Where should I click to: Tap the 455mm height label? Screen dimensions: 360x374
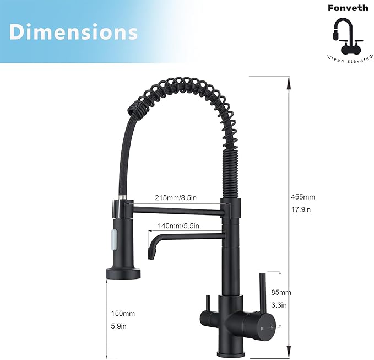(303, 197)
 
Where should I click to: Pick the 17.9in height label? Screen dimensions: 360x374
(301, 209)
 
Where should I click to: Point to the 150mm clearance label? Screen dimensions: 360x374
(122, 314)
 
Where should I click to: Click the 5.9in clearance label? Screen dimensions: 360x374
(120, 326)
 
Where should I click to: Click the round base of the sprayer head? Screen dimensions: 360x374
(122, 272)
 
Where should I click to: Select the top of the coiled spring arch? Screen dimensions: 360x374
(176, 83)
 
